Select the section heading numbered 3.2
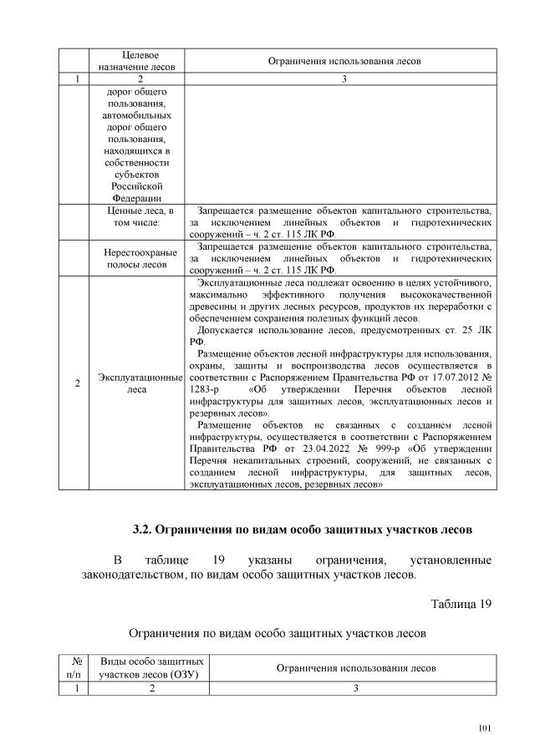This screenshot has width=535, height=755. tap(302, 530)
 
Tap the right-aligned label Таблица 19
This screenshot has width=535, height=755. tap(461, 604)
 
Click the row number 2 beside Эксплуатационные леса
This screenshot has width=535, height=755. tap(77, 384)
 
